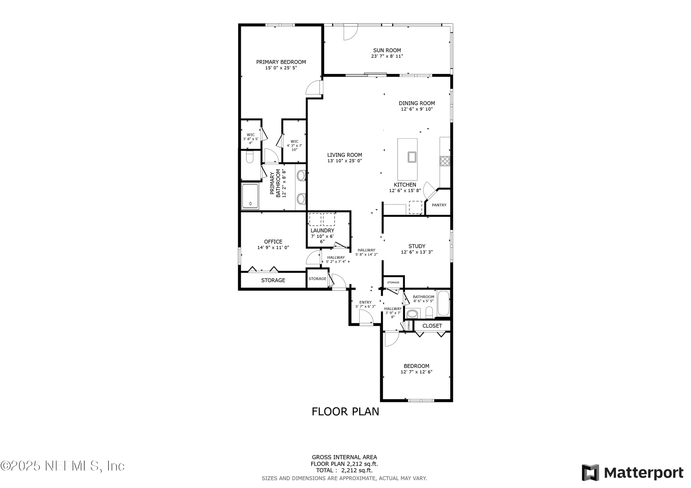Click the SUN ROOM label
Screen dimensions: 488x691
(387, 50)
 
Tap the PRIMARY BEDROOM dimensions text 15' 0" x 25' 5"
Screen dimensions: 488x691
(281, 68)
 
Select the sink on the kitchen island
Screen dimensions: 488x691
(412, 157)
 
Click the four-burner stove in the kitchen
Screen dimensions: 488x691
(445, 161)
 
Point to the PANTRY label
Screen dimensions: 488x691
(439, 205)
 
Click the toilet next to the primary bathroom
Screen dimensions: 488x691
(250, 158)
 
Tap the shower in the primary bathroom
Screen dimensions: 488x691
(250, 196)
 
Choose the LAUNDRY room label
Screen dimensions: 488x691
(322, 231)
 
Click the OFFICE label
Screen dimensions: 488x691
(273, 242)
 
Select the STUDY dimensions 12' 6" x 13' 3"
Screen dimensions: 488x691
(417, 252)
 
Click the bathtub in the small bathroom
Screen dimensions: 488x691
(443, 303)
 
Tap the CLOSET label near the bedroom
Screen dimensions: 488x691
(432, 326)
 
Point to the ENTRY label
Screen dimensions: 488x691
(365, 302)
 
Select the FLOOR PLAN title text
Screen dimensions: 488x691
(345, 411)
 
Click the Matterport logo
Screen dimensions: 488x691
(632, 472)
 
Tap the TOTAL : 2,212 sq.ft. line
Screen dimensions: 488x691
(344, 470)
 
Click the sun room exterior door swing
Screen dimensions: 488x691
(350, 33)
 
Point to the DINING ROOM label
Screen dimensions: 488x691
(417, 103)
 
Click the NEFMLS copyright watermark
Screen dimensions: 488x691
(62, 466)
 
